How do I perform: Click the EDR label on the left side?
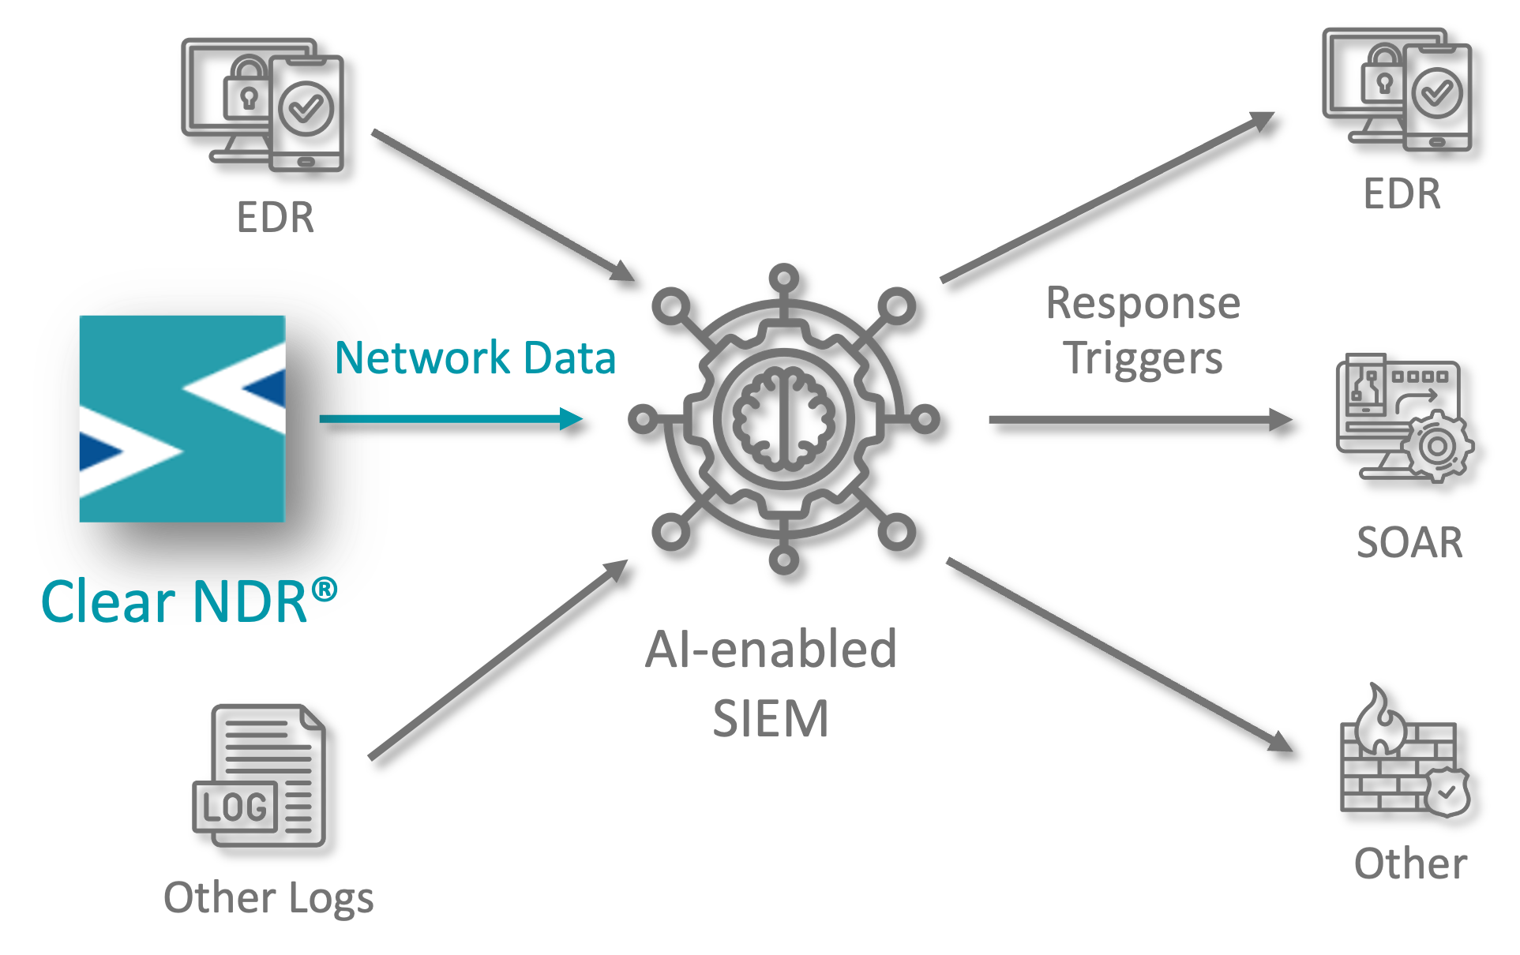pos(275,217)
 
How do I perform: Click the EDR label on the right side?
pos(1402,194)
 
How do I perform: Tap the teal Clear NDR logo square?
pos(182,418)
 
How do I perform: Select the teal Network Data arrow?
pos(450,418)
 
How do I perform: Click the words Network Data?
pos(475,358)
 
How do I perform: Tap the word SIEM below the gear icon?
pos(771,719)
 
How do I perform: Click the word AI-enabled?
pos(771,650)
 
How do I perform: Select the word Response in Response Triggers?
pos(1143,304)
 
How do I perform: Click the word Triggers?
pos(1143,359)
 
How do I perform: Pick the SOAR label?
pos(1409,543)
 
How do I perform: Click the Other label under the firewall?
pos(1410,863)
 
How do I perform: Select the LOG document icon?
pos(260,775)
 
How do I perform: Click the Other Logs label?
pos(268,898)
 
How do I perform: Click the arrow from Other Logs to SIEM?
pos(497,660)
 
